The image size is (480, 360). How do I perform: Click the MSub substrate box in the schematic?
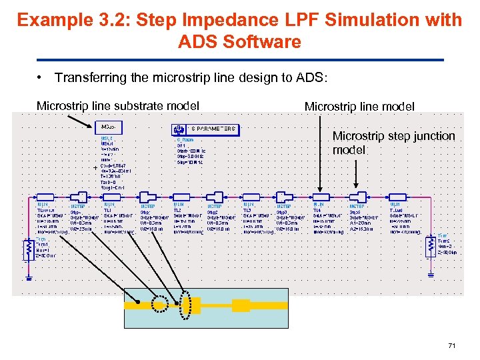pyautogui.click(x=110, y=127)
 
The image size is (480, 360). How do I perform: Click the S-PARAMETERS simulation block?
pyautogui.click(x=205, y=129)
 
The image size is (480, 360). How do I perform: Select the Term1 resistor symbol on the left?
pyautogui.click(x=29, y=249)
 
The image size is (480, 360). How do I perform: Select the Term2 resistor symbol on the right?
pyautogui.click(x=431, y=247)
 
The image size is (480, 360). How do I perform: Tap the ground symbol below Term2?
pyautogui.click(x=431, y=273)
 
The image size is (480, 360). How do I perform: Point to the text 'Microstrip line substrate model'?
pyautogui.click(x=118, y=105)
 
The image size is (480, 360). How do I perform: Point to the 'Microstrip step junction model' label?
pyautogui.click(x=393, y=143)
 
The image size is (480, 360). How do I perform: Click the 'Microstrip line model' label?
pyautogui.click(x=359, y=106)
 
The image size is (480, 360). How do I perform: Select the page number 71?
pyautogui.click(x=451, y=346)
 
